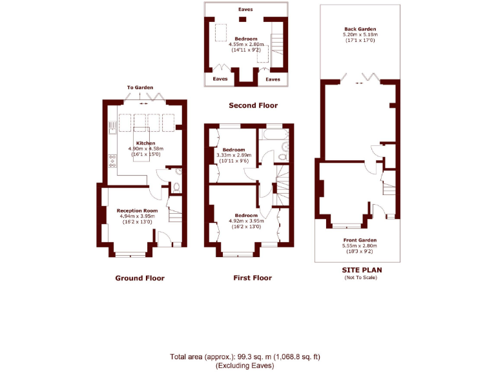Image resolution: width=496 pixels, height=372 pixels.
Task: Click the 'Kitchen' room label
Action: pyautogui.click(x=145, y=143)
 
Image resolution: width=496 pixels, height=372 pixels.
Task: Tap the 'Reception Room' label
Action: pyautogui.click(x=137, y=211)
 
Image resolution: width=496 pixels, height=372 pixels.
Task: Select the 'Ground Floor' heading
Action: pyautogui.click(x=139, y=278)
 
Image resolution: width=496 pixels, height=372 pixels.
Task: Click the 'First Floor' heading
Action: pyautogui.click(x=252, y=278)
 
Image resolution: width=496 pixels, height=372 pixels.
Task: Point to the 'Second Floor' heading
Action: pyautogui.click(x=253, y=105)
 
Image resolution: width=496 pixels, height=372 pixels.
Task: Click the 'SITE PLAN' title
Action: pyautogui.click(x=360, y=271)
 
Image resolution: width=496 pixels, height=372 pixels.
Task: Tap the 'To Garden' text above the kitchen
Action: pyautogui.click(x=140, y=87)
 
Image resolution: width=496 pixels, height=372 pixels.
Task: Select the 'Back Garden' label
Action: pyautogui.click(x=360, y=30)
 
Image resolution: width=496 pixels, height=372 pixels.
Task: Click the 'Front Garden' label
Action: pyautogui.click(x=359, y=240)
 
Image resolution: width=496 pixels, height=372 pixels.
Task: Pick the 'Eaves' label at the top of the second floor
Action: pyautogui.click(x=245, y=10)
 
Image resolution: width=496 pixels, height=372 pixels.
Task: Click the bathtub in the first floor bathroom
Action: pyautogui.click(x=273, y=134)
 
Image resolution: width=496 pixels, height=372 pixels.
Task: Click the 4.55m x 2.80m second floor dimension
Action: pyautogui.click(x=245, y=44)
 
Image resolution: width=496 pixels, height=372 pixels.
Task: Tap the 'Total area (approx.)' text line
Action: pyautogui.click(x=245, y=356)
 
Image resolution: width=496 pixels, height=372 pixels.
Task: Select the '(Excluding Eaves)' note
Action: pyautogui.click(x=245, y=366)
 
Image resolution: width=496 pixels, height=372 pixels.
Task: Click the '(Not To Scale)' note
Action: pyautogui.click(x=360, y=278)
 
